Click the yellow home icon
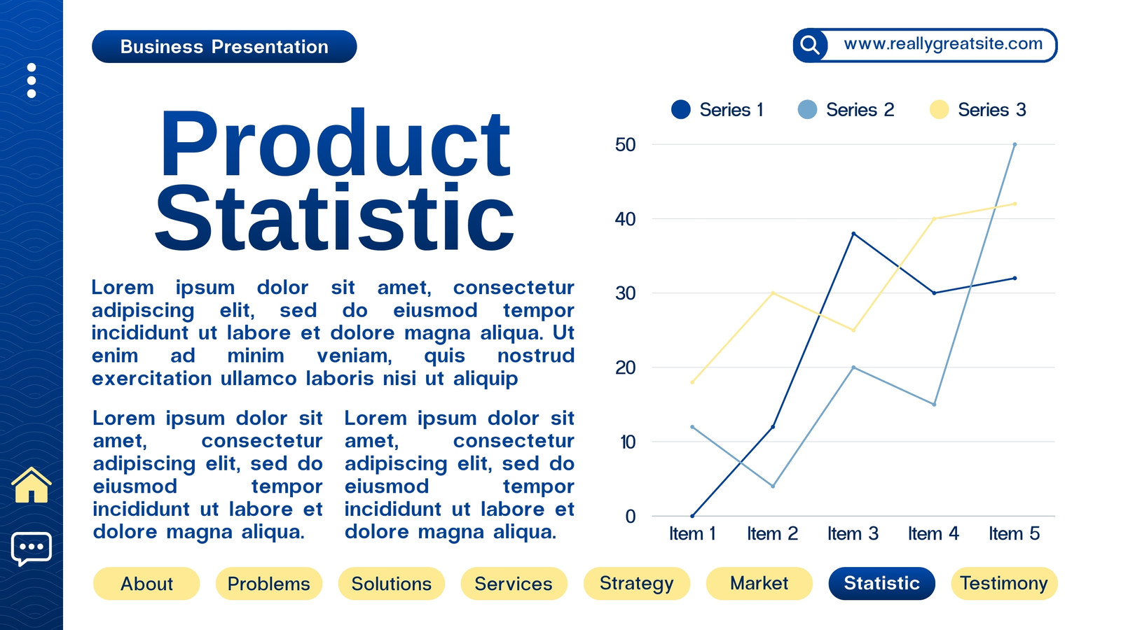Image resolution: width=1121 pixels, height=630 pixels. coord(32,485)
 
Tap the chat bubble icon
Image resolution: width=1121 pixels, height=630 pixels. coord(32,549)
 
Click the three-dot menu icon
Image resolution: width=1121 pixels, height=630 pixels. coord(32,80)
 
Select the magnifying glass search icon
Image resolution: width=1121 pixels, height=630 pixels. coord(810,45)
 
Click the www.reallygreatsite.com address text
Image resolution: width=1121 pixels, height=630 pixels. coord(943,44)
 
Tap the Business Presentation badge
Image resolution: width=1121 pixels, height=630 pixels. coord(224,46)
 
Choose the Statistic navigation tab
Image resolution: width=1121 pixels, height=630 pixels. coord(882,584)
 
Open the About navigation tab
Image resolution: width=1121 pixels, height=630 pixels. coord(146,584)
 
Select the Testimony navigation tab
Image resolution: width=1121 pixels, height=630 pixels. coord(1004,584)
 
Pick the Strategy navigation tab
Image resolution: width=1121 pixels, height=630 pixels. coord(637,584)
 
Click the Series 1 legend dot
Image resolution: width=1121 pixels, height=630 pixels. coord(680,109)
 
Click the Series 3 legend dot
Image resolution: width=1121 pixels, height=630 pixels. coord(939,109)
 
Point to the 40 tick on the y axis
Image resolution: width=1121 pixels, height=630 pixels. coord(625,219)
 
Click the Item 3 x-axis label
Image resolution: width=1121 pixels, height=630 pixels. coord(853,533)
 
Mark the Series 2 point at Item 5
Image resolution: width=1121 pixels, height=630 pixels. coord(1015,144)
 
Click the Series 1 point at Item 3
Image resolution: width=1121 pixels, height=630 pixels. coord(854,234)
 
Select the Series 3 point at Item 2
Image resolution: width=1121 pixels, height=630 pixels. coord(773,293)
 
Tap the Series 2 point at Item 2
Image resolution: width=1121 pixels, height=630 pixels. coord(773,486)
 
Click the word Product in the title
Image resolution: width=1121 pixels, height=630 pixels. coord(336,145)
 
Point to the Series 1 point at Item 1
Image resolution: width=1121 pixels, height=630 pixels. coord(693,515)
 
